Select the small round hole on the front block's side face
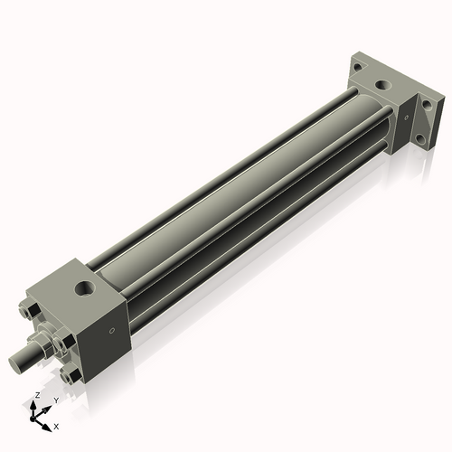111,331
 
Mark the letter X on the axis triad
56,425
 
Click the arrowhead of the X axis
48,423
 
